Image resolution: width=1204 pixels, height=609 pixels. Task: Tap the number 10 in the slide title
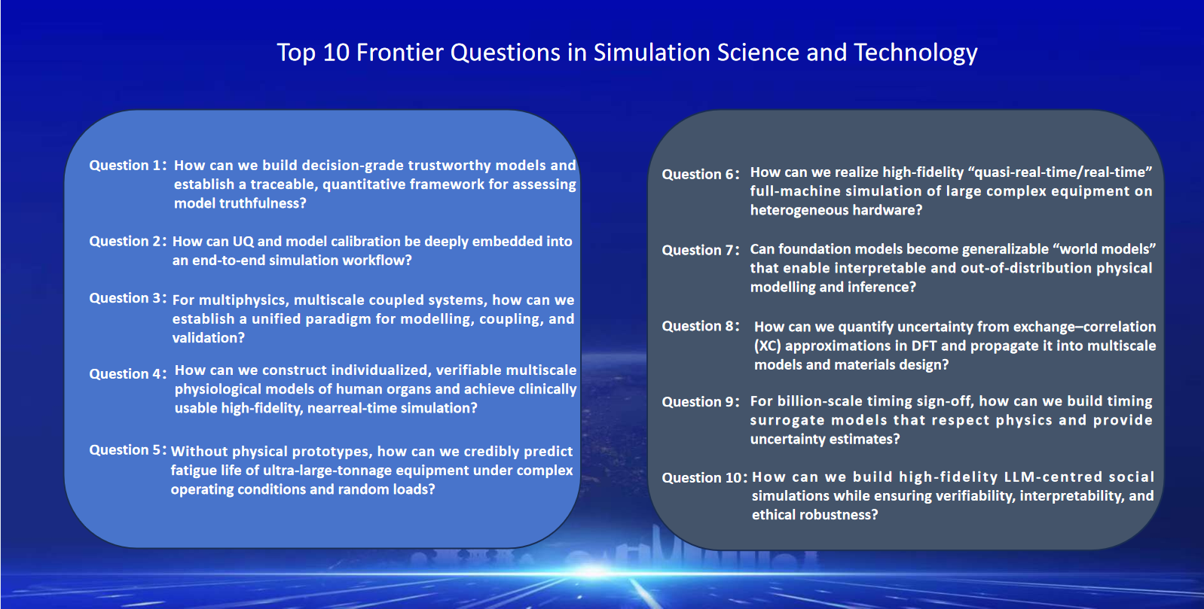pos(336,53)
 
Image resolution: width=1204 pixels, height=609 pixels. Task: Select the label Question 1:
pos(128,166)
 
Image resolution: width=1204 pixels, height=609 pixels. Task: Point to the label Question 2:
pos(128,241)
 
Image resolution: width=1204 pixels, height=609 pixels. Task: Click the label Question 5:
pos(128,450)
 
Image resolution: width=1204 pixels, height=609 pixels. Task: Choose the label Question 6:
pos(701,175)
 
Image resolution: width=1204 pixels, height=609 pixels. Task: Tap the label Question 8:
pos(701,326)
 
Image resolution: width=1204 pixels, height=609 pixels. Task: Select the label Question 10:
pos(704,478)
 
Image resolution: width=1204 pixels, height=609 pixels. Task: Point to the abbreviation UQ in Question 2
pos(243,242)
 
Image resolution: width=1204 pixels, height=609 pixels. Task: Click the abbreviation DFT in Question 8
pos(924,346)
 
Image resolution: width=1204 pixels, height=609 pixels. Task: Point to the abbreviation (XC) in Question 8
pos(767,346)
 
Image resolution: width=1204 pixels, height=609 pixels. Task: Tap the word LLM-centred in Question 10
pos(951,477)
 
